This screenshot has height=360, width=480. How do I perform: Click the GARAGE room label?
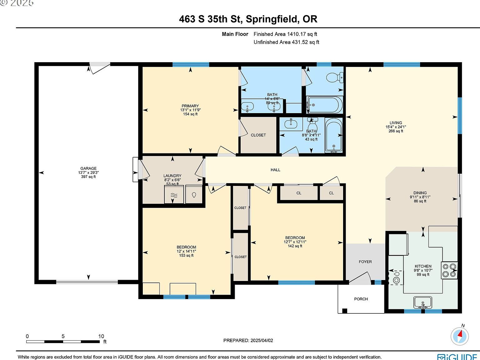[88, 168]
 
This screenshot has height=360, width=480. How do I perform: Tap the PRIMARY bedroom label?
[190, 106]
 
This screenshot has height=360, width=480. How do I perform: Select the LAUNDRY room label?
[172, 176]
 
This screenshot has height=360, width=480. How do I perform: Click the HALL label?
[275, 170]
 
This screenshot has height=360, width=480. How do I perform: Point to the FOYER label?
[365, 262]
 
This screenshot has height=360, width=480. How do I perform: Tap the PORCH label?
[361, 299]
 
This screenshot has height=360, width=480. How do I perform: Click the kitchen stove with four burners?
[449, 270]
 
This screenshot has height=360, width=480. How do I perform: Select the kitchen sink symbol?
[422, 302]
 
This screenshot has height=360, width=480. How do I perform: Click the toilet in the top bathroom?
[334, 77]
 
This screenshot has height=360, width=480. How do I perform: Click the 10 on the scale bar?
[101, 337]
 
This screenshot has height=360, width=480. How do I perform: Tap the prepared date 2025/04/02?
[262, 341]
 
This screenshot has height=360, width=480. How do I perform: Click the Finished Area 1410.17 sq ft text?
[285, 34]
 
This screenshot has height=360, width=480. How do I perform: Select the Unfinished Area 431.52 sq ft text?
[286, 42]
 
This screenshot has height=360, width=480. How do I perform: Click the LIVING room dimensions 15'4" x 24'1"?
[396, 127]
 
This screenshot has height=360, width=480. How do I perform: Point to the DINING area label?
[420, 193]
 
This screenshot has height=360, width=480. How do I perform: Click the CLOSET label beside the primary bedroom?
[258, 135]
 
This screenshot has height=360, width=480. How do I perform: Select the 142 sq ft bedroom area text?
[295, 246]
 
